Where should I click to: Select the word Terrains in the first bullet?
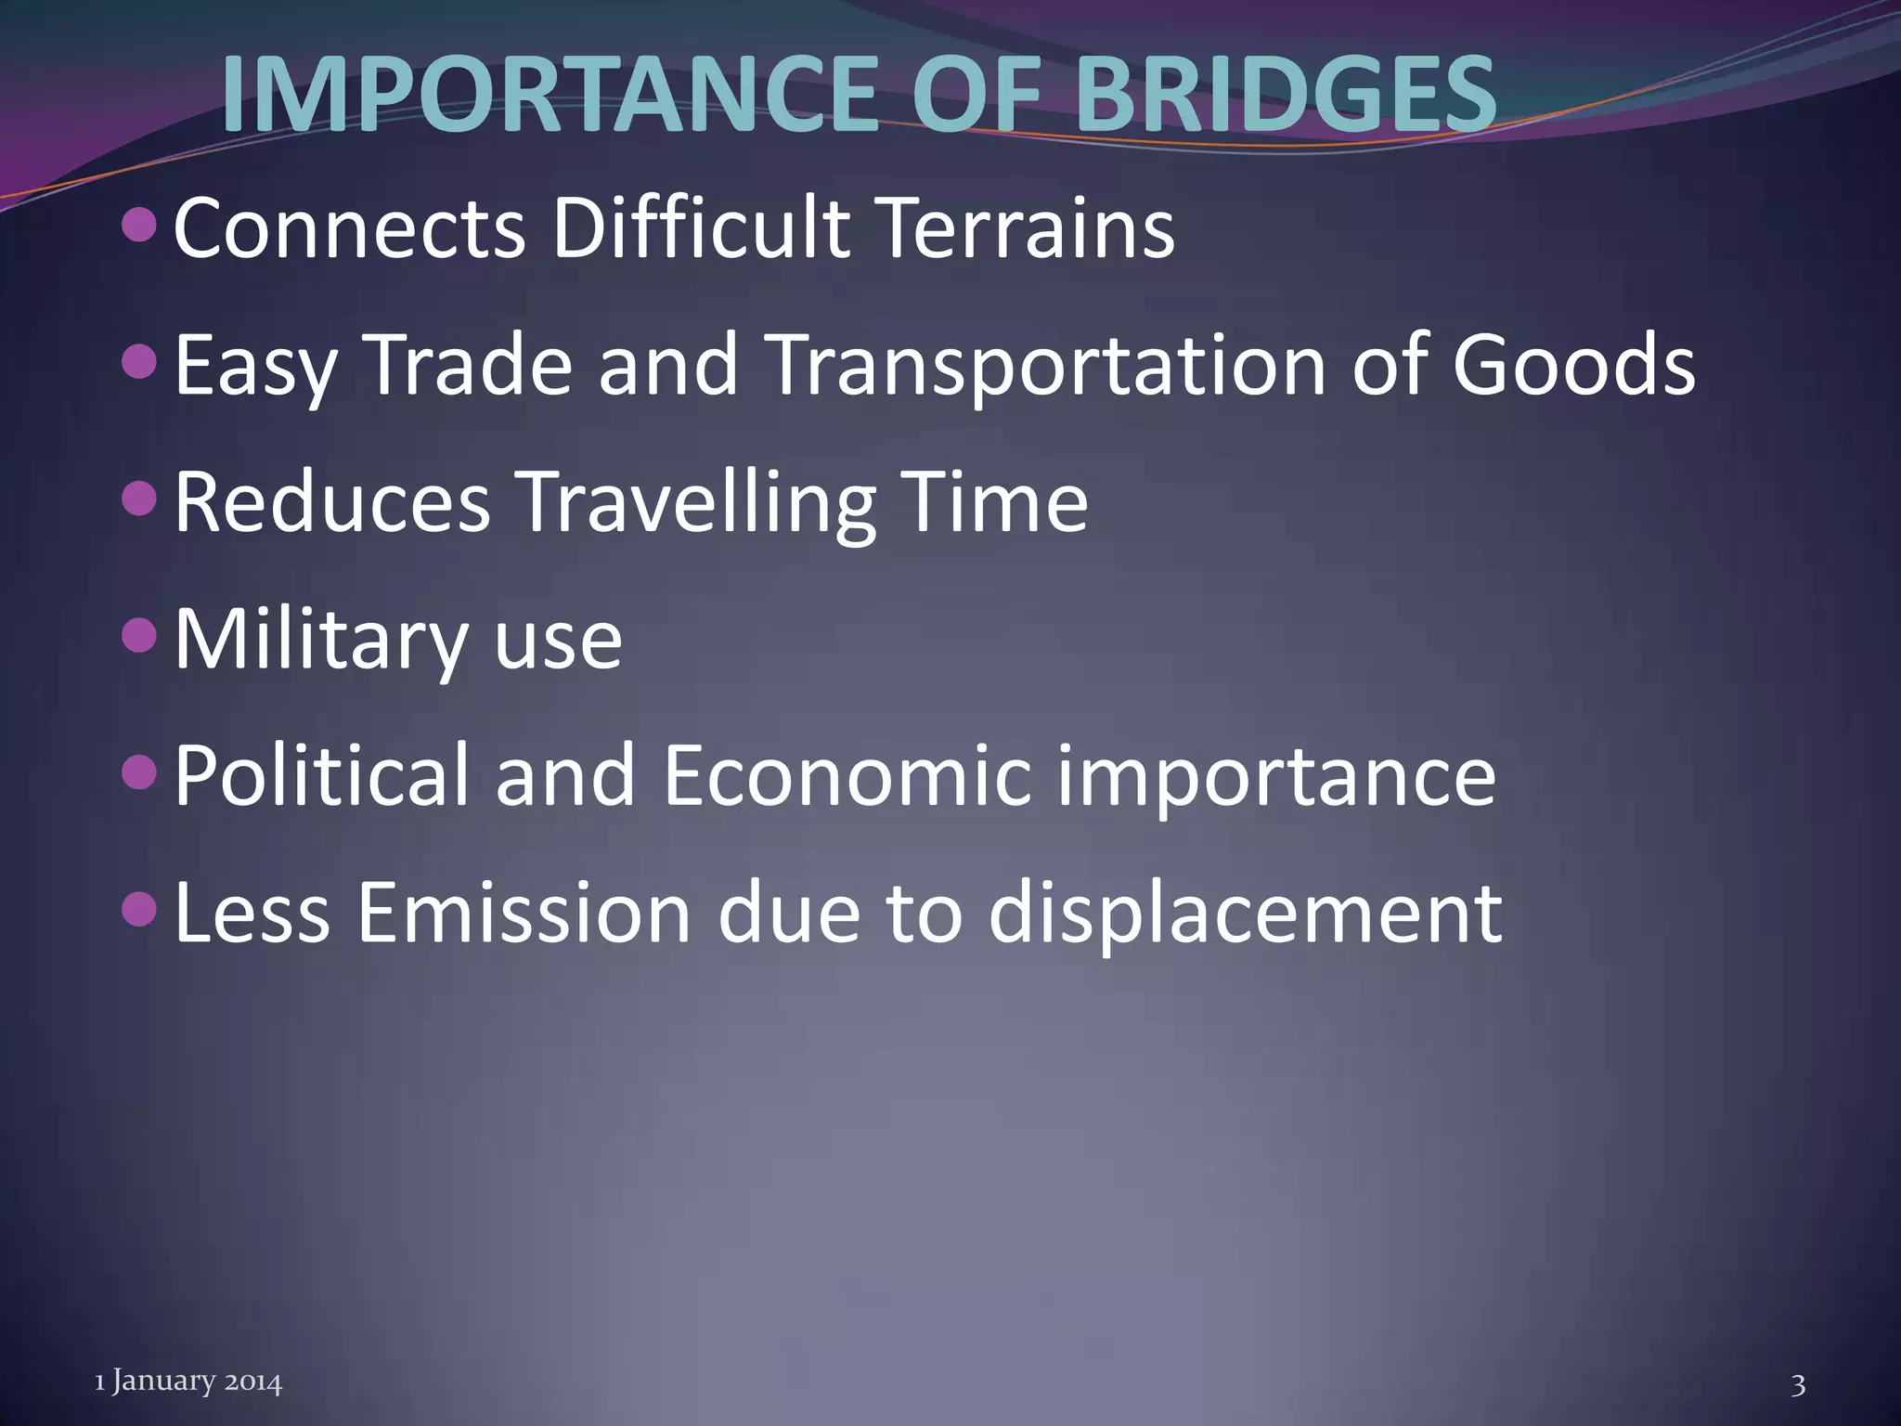click(1026, 228)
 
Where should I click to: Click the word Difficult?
click(701, 228)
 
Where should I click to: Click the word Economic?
click(847, 776)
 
